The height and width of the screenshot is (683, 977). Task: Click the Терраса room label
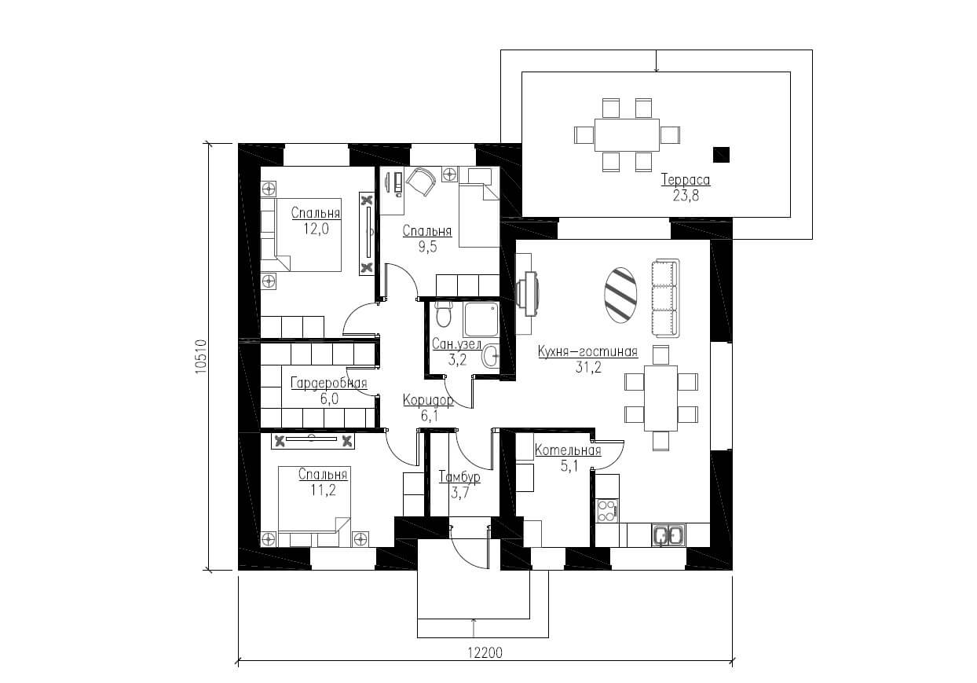coord(686,180)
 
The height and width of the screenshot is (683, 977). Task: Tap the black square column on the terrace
coord(721,155)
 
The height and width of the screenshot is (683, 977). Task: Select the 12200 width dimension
coord(485,652)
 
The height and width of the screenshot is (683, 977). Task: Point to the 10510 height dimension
coord(200,356)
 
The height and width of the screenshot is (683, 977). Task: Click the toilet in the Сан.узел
coord(444,313)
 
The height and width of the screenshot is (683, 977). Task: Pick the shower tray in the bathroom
coord(481,319)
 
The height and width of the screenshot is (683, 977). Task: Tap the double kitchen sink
coord(668,534)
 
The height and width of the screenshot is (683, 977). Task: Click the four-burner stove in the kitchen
coord(607,511)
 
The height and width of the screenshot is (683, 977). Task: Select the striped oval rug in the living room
coord(620,296)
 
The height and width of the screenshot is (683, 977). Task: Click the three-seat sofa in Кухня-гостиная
coord(665,298)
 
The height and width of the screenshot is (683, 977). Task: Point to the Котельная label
coord(568,450)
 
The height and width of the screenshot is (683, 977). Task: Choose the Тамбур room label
coord(459,476)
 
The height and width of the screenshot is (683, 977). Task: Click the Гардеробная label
coord(329,383)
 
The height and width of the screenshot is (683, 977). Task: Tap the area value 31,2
coord(588,368)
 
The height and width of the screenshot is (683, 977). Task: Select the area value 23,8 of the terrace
coord(686,196)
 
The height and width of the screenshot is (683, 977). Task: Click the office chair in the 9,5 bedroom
coord(420,182)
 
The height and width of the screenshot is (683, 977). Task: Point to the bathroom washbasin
coord(490,356)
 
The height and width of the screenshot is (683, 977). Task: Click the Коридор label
coord(428,400)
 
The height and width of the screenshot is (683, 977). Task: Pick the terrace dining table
coord(627,134)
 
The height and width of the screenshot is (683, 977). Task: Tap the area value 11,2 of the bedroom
coord(324,490)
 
